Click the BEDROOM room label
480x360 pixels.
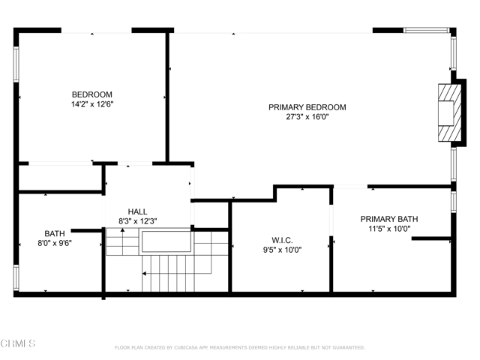[91, 94]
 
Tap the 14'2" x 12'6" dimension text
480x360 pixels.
[92, 104]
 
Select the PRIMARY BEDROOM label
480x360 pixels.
[307, 107]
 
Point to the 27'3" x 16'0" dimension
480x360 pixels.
[307, 117]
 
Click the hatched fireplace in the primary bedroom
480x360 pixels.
[449, 112]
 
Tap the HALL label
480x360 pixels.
[137, 211]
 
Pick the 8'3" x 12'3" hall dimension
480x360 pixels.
[138, 221]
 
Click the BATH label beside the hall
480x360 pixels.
[55, 233]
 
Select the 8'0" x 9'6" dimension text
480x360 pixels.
[55, 243]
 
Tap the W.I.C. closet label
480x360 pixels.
[282, 240]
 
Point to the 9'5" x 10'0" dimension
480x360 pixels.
[282, 250]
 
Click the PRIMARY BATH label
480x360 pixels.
[389, 219]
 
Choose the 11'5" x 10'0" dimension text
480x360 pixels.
[389, 229]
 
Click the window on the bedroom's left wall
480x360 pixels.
[16, 64]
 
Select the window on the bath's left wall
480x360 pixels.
[16, 277]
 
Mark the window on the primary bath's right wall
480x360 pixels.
[453, 202]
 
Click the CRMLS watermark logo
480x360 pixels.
[18, 343]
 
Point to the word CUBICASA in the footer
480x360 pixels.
[185, 347]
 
